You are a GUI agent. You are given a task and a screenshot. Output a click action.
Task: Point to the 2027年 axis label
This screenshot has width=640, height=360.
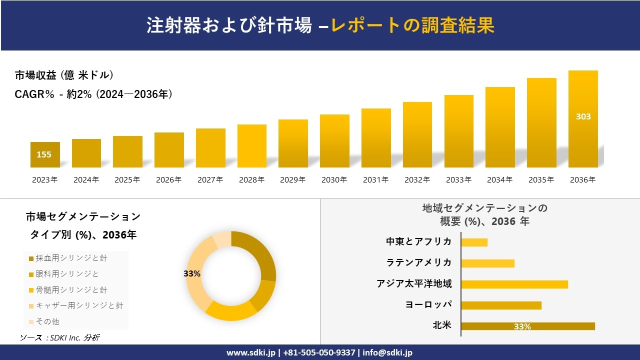(x=210, y=180)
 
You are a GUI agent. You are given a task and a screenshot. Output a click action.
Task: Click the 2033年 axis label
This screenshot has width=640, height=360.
(x=458, y=180)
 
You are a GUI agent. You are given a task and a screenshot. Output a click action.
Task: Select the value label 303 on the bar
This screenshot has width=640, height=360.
(x=583, y=116)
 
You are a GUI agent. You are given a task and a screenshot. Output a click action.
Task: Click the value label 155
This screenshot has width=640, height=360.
(x=44, y=154)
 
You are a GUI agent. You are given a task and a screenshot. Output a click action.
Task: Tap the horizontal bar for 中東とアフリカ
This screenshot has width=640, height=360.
(x=474, y=242)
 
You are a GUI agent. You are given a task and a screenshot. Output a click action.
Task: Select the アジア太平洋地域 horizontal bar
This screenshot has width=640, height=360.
(x=514, y=284)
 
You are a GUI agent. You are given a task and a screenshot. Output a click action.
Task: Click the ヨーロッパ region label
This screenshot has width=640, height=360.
(x=428, y=304)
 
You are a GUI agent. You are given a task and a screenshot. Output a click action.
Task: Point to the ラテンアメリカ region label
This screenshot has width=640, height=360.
(x=419, y=262)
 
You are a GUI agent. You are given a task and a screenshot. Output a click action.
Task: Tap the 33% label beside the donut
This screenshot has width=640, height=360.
(x=192, y=273)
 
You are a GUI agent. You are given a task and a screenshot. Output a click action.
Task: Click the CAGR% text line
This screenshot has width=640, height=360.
(x=93, y=94)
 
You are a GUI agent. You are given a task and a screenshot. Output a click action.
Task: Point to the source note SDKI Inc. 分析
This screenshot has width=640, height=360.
(x=60, y=337)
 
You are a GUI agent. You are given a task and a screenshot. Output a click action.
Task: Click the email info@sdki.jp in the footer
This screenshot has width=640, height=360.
(x=388, y=352)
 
